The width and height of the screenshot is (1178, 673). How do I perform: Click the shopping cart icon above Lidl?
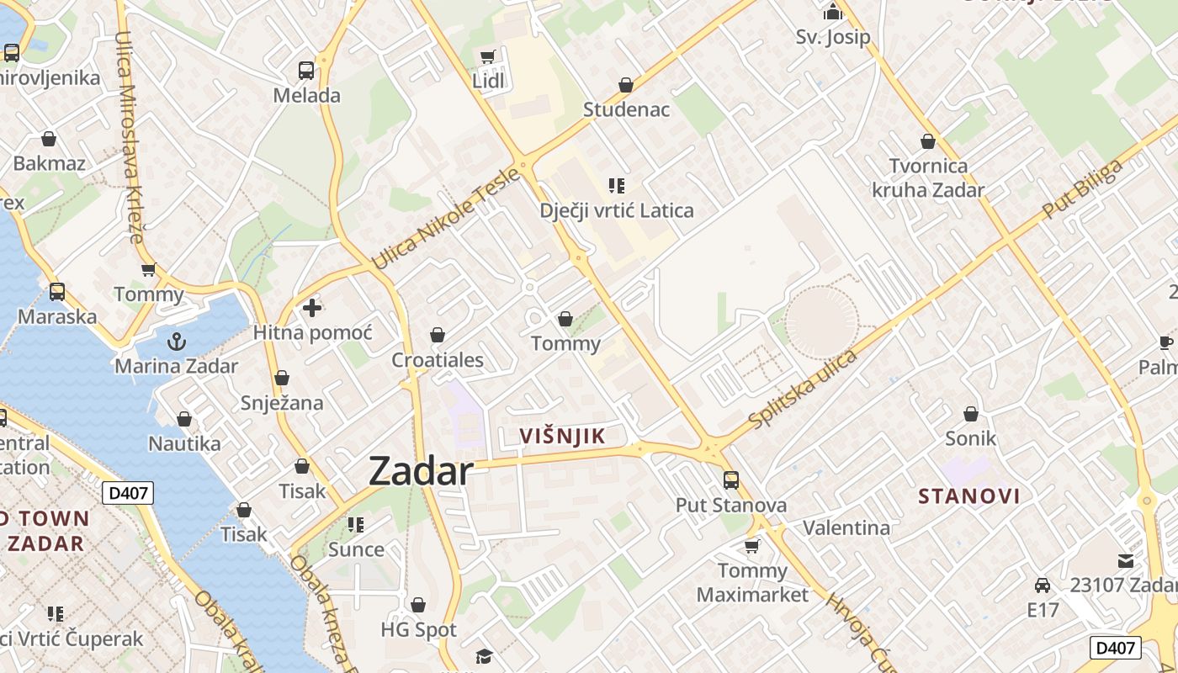click(x=487, y=57)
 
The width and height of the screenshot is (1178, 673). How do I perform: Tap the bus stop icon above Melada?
click(x=306, y=71)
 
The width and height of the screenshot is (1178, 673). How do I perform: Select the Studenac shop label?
click(x=626, y=109)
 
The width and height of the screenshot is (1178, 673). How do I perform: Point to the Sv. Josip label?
click(x=833, y=37)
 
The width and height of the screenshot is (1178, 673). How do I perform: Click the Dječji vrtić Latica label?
click(x=617, y=209)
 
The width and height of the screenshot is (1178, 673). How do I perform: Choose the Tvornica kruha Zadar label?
click(x=928, y=178)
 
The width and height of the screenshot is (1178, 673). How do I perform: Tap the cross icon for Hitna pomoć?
click(x=312, y=308)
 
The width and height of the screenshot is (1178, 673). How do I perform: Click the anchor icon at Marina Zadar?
click(x=177, y=342)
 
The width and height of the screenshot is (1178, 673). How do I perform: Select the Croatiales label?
click(x=438, y=360)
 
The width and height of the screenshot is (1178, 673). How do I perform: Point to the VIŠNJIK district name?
click(x=563, y=436)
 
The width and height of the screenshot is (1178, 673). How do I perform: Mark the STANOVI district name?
click(x=969, y=495)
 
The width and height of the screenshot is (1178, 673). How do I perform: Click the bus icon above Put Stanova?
click(x=731, y=480)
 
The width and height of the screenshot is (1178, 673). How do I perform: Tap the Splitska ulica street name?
click(x=803, y=389)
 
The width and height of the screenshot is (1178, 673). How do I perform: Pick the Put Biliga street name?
click(x=1082, y=189)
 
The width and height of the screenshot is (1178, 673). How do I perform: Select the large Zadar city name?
click(x=421, y=471)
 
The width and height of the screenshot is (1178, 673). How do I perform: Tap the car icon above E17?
click(x=1043, y=586)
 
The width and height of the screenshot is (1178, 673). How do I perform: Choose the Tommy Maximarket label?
click(x=752, y=582)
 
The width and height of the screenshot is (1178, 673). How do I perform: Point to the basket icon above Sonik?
click(x=971, y=414)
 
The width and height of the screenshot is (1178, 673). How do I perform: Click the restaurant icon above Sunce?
click(x=356, y=525)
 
